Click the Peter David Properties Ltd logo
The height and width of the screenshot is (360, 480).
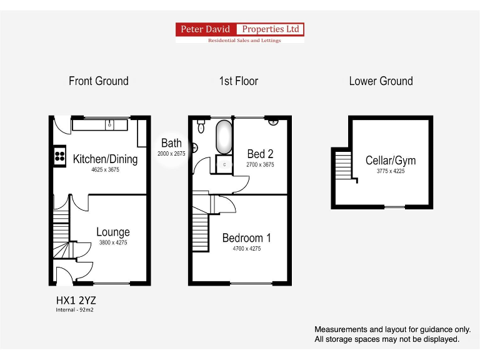(x=240, y=29)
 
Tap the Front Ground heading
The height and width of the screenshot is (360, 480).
(x=99, y=81)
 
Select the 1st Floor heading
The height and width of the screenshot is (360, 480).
(x=238, y=81)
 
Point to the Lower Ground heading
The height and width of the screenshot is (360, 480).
(x=381, y=81)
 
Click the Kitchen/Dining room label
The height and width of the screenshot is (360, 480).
(x=105, y=159)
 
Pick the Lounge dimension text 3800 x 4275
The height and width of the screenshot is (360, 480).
(x=112, y=243)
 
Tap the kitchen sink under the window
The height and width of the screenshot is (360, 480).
(x=109, y=124)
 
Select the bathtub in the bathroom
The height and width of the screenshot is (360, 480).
(x=224, y=137)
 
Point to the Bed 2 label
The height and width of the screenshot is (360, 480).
(x=260, y=154)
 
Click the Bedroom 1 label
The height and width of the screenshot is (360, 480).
(x=247, y=238)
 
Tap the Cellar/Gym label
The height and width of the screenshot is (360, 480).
(x=391, y=161)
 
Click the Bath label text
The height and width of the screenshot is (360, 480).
(x=171, y=143)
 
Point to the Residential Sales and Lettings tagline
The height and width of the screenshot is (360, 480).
(x=244, y=41)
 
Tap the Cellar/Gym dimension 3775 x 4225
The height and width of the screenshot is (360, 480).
(x=391, y=171)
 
